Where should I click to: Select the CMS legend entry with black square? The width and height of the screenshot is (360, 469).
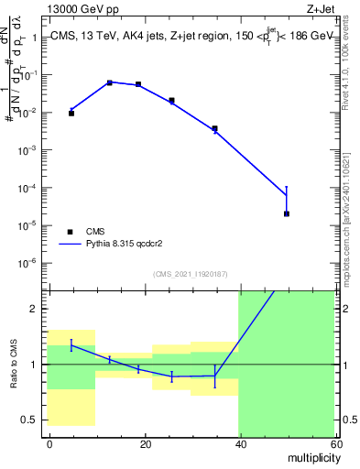(x=71, y=232)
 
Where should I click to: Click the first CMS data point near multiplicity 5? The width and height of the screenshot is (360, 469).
(x=71, y=114)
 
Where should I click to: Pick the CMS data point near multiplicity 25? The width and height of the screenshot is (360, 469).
(x=171, y=100)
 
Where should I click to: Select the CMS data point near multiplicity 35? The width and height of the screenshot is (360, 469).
(x=214, y=128)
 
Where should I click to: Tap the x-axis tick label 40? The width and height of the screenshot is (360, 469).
(x=239, y=443)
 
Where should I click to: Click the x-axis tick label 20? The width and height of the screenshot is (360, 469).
(x=144, y=443)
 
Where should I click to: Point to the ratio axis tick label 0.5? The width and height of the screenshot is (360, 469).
(x=31, y=420)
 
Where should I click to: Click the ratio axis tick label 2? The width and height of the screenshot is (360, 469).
(x=35, y=309)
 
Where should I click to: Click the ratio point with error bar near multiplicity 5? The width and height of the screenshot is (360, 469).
(x=71, y=345)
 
